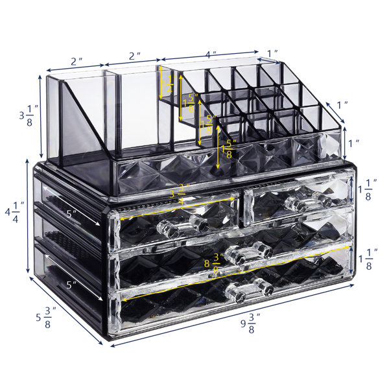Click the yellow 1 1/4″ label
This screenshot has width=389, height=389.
point(170,83)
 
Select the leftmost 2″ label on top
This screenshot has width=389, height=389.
point(77,62)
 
